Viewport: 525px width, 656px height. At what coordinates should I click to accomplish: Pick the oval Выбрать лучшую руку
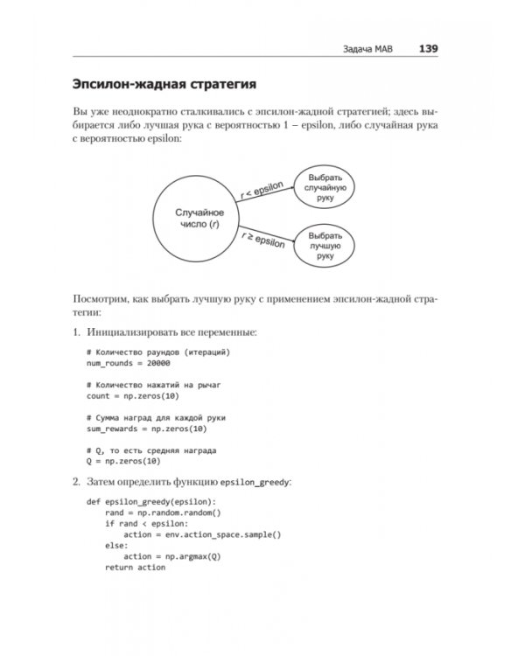(x=325, y=246)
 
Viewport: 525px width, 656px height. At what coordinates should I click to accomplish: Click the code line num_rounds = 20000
(x=128, y=363)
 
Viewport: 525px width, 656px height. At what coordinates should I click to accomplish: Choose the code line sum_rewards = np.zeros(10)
(x=146, y=429)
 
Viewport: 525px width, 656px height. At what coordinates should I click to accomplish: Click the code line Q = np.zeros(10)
(x=122, y=461)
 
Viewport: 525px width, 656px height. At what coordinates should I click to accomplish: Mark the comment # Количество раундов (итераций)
(x=157, y=352)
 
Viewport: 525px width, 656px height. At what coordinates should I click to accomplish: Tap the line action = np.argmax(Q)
(x=172, y=556)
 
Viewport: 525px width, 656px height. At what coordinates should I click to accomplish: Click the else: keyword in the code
(x=115, y=545)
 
